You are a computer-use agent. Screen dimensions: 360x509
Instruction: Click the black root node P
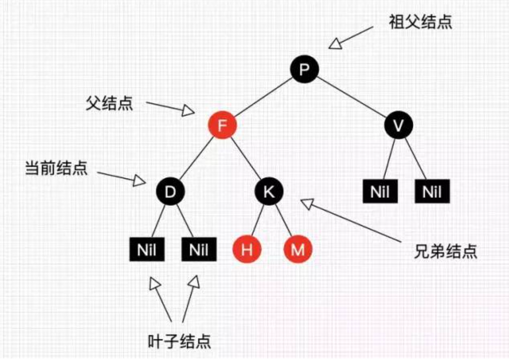coord(304,70)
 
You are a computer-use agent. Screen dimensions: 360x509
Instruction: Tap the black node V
coord(398,126)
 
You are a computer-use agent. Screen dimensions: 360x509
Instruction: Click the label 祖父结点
coord(421,22)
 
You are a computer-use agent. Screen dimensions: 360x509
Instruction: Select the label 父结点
coord(109,104)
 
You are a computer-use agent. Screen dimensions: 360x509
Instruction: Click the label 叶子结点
coord(180,341)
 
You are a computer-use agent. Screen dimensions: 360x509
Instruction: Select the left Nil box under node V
coord(380,192)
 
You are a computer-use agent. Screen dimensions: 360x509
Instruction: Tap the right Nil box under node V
coord(432,192)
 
